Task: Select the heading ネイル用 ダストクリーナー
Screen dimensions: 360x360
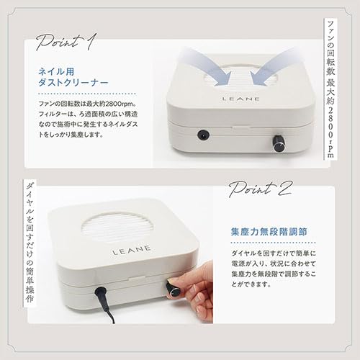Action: click(68, 78)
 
